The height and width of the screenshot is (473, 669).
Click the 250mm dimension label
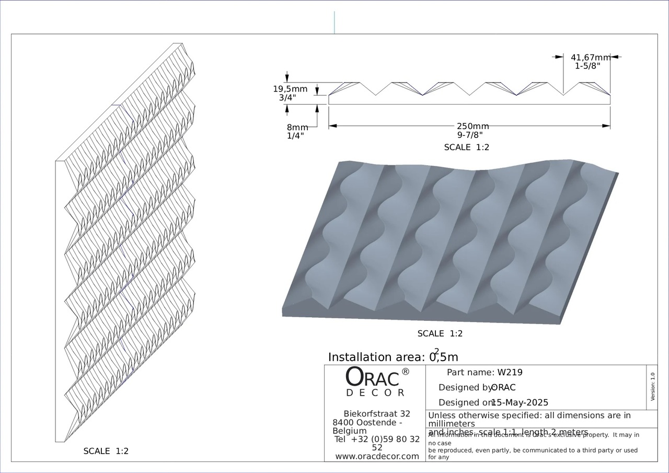click(x=472, y=126)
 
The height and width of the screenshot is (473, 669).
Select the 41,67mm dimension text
click(x=590, y=57)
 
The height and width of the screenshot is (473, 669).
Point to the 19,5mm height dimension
click(x=290, y=89)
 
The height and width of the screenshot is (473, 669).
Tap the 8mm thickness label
click(x=297, y=128)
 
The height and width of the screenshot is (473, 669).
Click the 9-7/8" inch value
click(x=470, y=135)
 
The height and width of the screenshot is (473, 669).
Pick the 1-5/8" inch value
click(x=592, y=66)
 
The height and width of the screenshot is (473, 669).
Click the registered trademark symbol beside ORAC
click(x=406, y=372)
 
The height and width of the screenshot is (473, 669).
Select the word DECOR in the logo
click(x=375, y=393)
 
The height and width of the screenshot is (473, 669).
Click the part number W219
click(x=510, y=373)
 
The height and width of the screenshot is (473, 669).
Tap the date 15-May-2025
click(x=520, y=402)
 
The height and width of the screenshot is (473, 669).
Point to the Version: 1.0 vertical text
click(x=652, y=387)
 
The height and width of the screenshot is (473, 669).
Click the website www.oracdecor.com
click(x=377, y=456)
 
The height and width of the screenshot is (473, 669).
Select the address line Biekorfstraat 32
click(x=377, y=414)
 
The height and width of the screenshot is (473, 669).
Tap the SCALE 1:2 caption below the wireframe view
click(x=106, y=451)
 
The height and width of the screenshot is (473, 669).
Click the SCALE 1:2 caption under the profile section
click(x=467, y=147)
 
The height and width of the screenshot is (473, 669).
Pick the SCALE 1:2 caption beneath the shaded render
click(x=440, y=333)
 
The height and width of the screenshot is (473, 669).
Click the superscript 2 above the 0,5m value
click(x=436, y=351)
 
